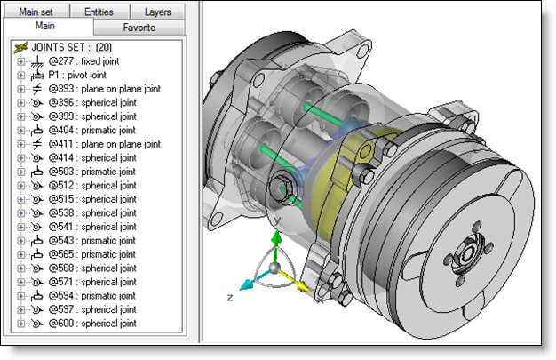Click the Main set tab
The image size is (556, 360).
point(36,12)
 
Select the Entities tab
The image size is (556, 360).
point(99,12)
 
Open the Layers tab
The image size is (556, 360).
point(157,12)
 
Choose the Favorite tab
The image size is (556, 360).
point(139,28)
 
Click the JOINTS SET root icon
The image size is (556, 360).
point(21,47)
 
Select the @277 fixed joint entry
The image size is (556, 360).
point(83,61)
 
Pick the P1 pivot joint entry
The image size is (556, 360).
point(77,76)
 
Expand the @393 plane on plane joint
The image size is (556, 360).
point(21,89)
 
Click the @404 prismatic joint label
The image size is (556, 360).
point(91,131)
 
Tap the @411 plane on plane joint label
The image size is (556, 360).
point(105,144)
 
